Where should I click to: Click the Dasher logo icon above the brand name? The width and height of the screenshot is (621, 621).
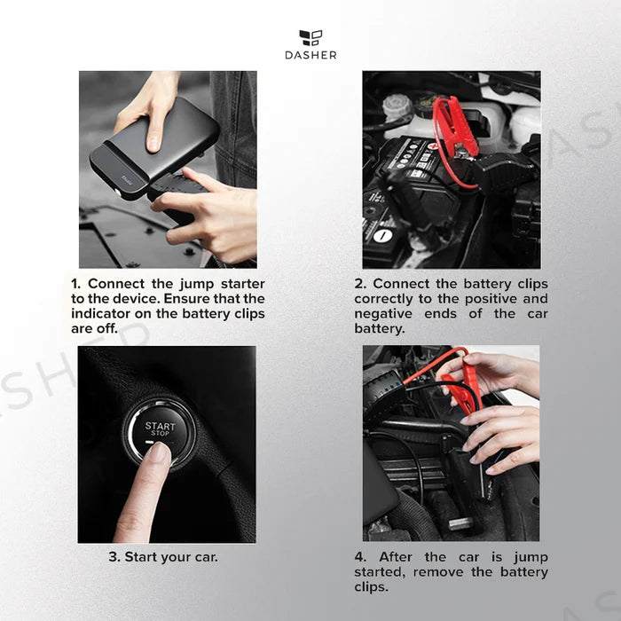pos(310,37)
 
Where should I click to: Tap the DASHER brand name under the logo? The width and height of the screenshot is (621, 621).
pos(310,55)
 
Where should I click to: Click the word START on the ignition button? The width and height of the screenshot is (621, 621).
pos(160,426)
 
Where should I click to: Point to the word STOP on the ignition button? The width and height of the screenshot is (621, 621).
pos(160,433)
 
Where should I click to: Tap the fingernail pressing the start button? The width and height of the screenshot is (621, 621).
pos(160,452)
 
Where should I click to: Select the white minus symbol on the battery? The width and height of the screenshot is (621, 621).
pos(382,236)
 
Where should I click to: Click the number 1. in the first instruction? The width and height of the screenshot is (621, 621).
pos(76,284)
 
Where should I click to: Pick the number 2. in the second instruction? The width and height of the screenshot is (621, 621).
pos(359,284)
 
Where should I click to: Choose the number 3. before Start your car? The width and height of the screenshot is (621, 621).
pos(114,557)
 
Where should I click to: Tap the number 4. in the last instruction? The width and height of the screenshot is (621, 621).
pos(360,557)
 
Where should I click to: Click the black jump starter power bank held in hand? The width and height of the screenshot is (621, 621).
pos(154,148)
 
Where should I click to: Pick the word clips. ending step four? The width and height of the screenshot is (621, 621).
pos(371,587)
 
